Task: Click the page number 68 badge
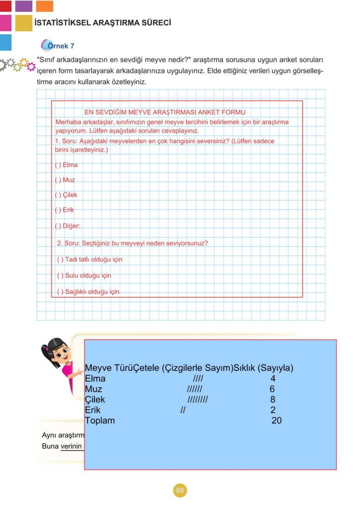180,491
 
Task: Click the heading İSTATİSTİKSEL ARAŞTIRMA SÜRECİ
103,23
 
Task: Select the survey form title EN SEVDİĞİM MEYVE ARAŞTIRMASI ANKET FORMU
165,112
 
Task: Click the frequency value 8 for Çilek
272,400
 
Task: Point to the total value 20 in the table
277,421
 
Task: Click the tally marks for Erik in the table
183,410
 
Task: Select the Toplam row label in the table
100,421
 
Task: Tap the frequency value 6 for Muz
272,389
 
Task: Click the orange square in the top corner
45,6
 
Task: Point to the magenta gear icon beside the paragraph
31,66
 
